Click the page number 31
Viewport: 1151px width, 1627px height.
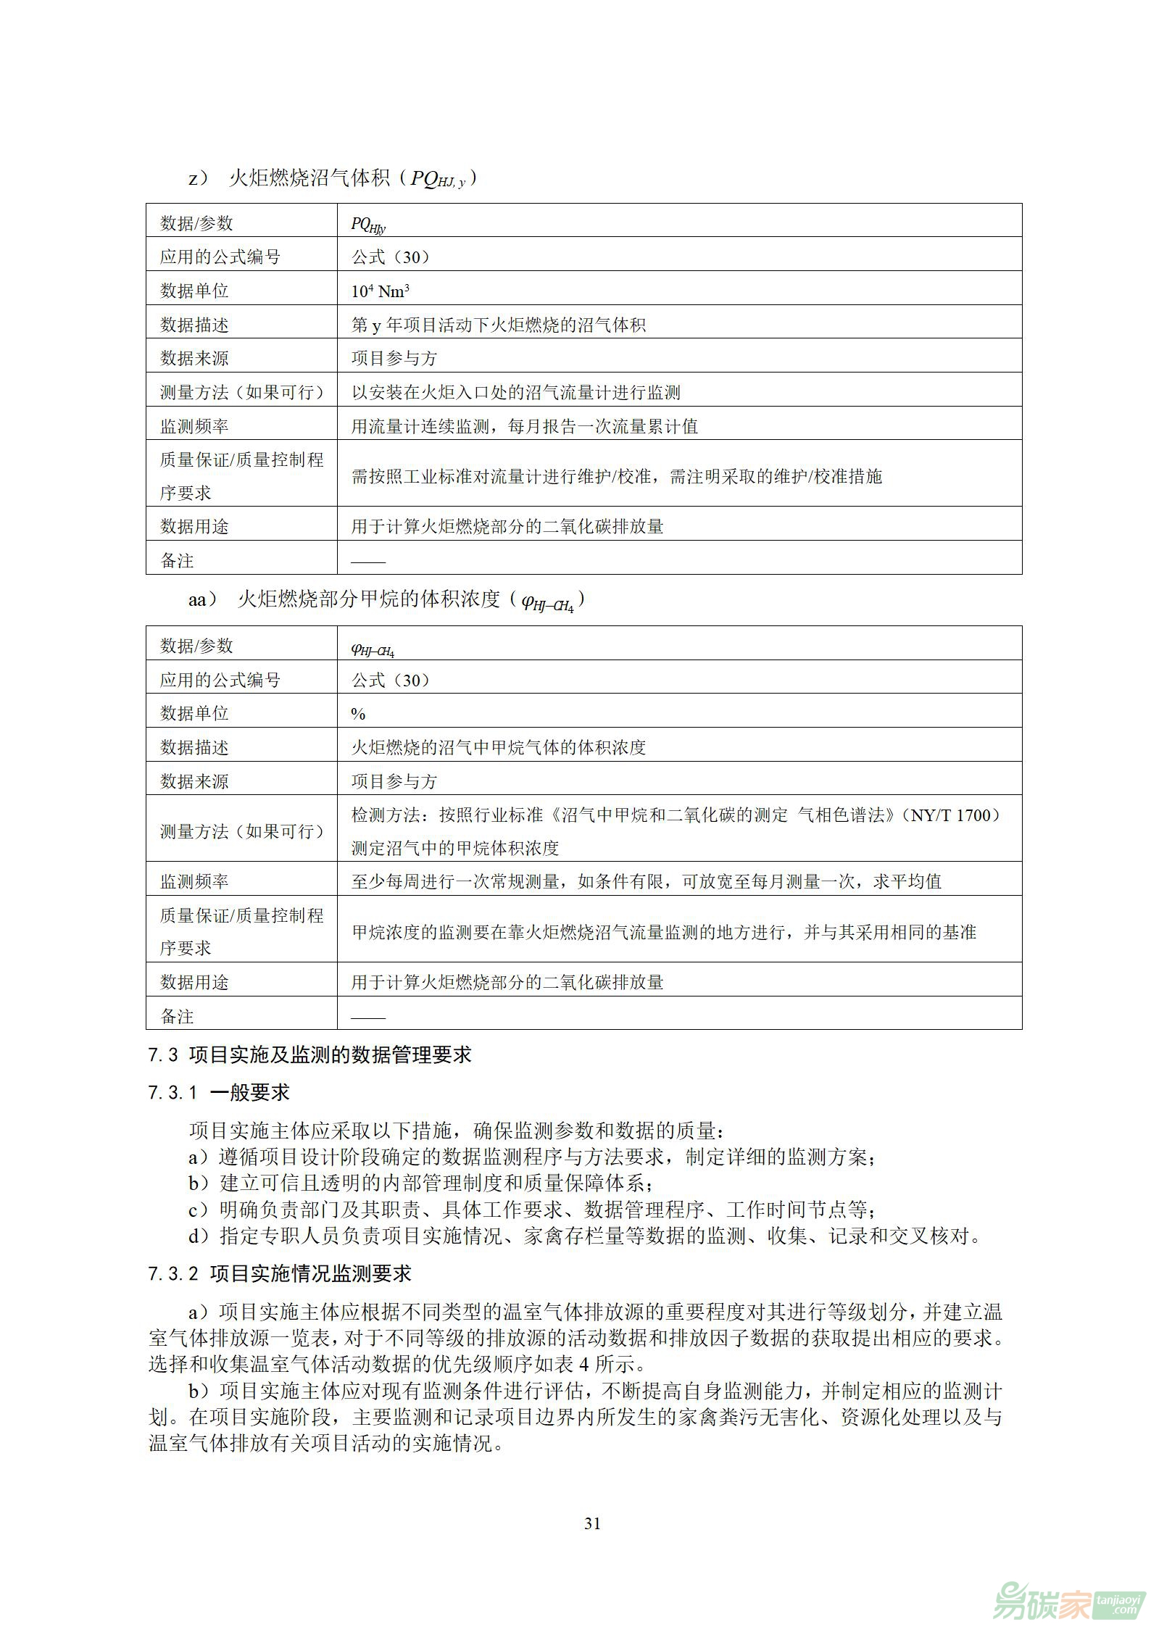click(x=592, y=1523)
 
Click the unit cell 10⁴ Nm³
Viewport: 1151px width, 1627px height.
click(x=381, y=291)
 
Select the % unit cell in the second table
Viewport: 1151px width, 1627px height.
click(x=358, y=714)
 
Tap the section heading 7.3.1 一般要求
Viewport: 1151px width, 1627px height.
click(x=219, y=1092)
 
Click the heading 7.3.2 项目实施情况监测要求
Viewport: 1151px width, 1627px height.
click(x=280, y=1273)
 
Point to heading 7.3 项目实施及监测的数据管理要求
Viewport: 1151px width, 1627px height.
click(x=309, y=1054)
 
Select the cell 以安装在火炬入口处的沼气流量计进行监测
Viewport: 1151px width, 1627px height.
click(x=515, y=393)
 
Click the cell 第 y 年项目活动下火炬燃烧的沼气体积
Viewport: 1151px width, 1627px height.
click(x=498, y=325)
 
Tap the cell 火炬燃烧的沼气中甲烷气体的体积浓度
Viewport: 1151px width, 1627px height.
click(x=498, y=747)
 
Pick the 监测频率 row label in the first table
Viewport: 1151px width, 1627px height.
click(x=194, y=426)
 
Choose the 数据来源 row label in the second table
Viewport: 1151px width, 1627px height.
click(x=194, y=781)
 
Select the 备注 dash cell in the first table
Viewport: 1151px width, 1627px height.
click(x=368, y=560)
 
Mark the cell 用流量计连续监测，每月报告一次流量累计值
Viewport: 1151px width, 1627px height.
click(x=524, y=426)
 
